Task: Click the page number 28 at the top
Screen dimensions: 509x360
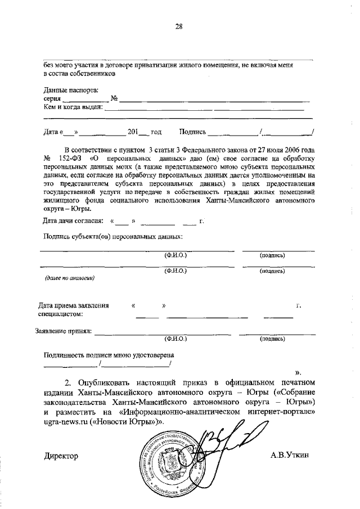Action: click(179, 26)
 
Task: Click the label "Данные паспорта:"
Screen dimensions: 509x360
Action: click(71, 89)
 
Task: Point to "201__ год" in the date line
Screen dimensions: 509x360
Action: click(145, 133)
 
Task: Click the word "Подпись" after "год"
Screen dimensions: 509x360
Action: click(192, 133)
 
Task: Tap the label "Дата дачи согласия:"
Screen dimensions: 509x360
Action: click(73, 221)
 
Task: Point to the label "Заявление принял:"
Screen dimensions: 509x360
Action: click(63, 331)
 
